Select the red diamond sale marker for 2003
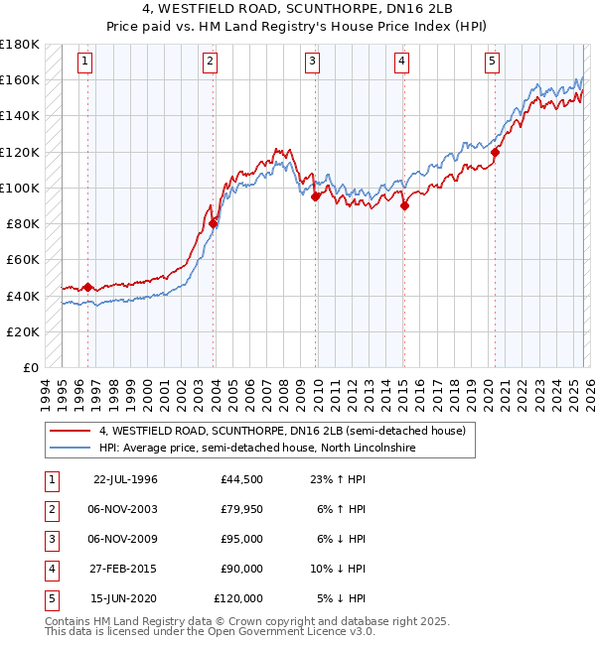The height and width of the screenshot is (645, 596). (213, 224)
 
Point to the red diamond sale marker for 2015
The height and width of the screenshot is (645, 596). (404, 206)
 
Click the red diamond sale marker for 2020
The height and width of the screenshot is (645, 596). (495, 152)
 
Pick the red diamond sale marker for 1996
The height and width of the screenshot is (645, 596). (88, 288)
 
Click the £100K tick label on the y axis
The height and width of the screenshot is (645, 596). (20, 188)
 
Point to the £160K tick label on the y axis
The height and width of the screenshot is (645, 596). (20, 79)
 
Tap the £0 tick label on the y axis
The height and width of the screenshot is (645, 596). (30, 368)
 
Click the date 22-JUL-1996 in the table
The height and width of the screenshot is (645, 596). (125, 479)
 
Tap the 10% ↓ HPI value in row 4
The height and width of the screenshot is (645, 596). (339, 569)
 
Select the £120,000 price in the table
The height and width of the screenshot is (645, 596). (238, 598)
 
